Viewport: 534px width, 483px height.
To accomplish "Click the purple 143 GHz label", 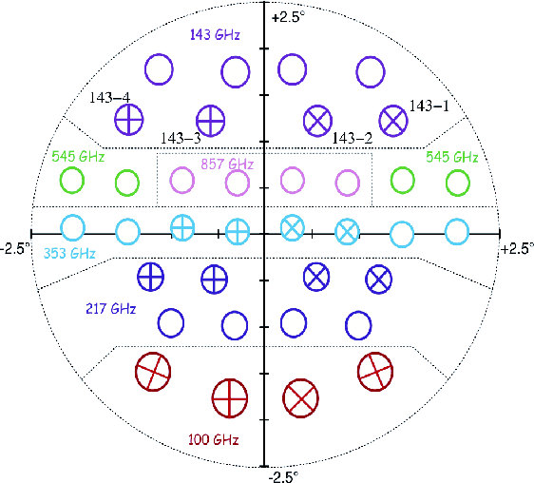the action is tap(215, 35).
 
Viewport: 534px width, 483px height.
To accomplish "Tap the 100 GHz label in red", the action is tap(214, 439).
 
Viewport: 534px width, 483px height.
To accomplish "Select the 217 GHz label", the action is tap(111, 309).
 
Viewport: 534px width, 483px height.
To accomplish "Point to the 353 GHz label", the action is tap(69, 253).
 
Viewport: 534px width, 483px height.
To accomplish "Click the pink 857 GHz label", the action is tap(227, 164).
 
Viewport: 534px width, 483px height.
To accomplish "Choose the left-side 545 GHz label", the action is tap(78, 157).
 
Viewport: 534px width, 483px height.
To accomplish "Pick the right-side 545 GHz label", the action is tap(452, 157).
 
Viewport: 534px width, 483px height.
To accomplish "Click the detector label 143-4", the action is tap(109, 98).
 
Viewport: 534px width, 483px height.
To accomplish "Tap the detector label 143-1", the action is tap(429, 106).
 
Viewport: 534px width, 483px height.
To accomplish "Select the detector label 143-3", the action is tap(181, 138).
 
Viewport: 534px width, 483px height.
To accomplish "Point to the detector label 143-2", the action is tap(353, 138).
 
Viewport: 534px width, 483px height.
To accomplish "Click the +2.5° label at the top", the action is tap(287, 17).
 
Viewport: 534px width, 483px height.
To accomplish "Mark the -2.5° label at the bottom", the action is tap(283, 476).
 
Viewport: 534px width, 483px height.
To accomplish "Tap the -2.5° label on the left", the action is tap(14, 248).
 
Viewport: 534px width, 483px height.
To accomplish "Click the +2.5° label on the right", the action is tap(518, 249).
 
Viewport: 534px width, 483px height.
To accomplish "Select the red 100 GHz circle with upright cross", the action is tap(230, 398).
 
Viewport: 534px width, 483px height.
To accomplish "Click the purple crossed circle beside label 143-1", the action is tap(393, 121).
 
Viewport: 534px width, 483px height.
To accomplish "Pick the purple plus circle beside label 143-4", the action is tap(128, 120).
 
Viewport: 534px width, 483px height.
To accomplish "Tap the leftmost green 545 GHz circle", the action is tap(72, 180).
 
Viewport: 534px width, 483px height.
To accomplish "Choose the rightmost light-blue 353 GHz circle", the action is tap(457, 232).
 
